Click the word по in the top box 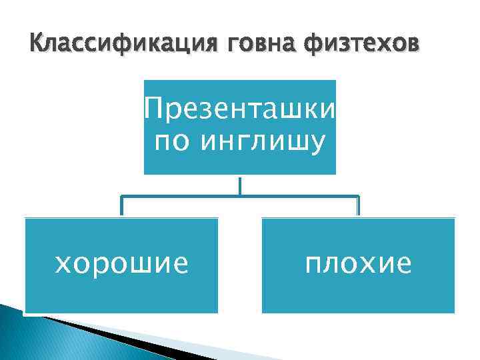169,142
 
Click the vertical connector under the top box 240,185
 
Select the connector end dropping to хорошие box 121,207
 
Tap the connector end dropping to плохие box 358,207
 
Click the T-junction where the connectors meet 240,196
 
